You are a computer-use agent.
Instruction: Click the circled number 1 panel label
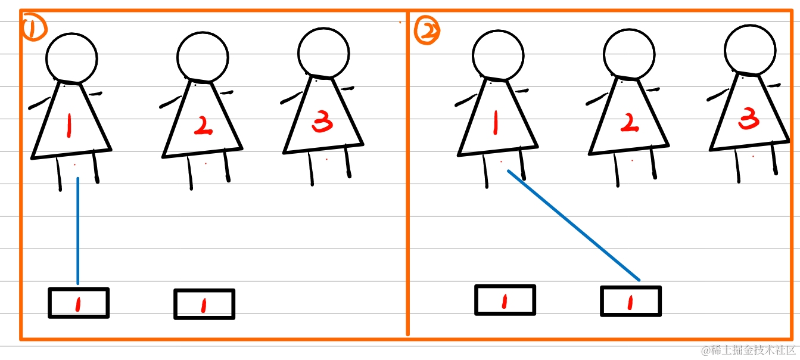click(34, 29)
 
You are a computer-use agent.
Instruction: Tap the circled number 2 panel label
click(427, 31)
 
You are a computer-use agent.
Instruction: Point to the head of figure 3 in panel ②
click(750, 50)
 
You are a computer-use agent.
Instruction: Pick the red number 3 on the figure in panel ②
click(748, 118)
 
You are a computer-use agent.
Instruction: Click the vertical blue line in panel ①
click(78, 231)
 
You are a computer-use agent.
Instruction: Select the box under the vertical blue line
click(79, 303)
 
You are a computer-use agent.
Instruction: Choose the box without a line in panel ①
click(204, 304)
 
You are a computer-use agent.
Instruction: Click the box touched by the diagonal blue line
click(631, 301)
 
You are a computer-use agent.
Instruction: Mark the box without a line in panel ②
click(505, 300)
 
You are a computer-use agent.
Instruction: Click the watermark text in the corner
click(748, 350)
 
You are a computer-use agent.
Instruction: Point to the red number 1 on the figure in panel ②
click(495, 122)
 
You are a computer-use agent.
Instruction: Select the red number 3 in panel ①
click(322, 122)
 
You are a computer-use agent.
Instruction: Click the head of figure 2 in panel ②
click(629, 54)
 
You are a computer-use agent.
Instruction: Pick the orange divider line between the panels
click(407, 173)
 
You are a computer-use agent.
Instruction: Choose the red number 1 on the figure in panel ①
click(69, 125)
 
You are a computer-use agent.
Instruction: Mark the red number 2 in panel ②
click(630, 122)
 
